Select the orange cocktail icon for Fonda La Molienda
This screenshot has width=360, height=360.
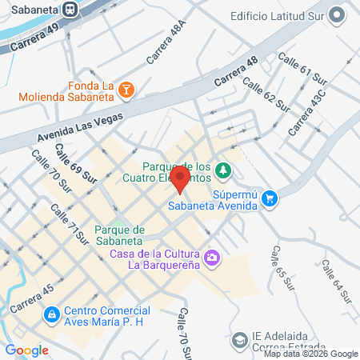(126, 93)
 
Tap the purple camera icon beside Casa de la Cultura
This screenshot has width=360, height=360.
(212, 258)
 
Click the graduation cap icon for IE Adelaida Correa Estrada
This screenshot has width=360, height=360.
(238, 340)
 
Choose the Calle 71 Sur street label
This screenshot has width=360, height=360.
(69, 223)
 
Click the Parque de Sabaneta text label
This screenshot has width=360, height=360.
(117, 233)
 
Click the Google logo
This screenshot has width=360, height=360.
(26, 350)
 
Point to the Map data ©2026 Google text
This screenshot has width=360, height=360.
(311, 354)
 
